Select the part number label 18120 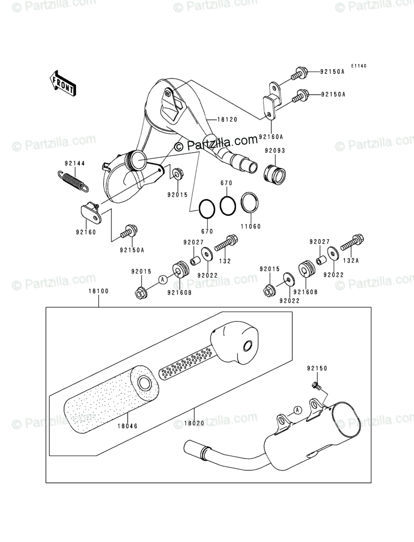point(228,120)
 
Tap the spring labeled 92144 point(75,180)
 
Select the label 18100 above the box point(98,291)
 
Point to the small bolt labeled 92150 point(316,385)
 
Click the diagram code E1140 point(358,66)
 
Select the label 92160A point(271,137)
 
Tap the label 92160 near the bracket point(87,232)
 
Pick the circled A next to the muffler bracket point(297,410)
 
